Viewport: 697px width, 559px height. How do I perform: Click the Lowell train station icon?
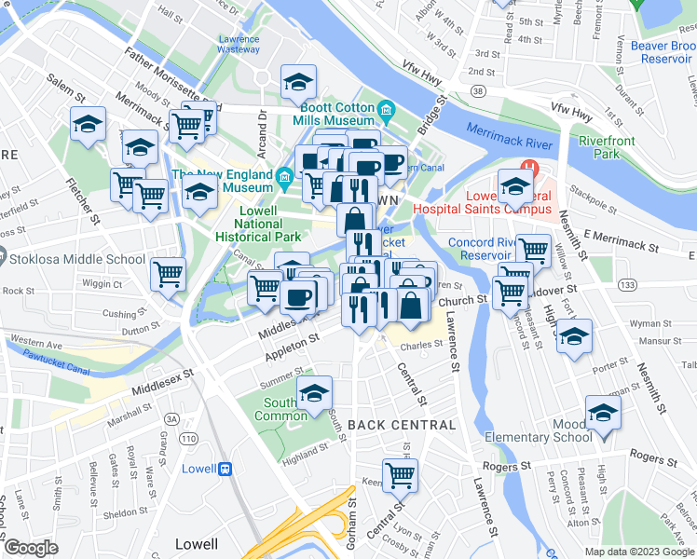[x=225, y=470]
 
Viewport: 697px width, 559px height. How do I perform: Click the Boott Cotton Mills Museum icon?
[x=386, y=114]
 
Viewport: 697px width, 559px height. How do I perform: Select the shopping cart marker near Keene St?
[x=400, y=475]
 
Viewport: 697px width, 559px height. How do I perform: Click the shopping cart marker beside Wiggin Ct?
[x=168, y=274]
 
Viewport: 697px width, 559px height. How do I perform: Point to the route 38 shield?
[x=478, y=92]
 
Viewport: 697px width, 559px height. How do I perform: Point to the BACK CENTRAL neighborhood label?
[x=402, y=425]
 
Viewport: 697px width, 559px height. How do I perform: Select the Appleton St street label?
[x=292, y=350]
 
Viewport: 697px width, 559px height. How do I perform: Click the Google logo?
[x=30, y=547]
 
